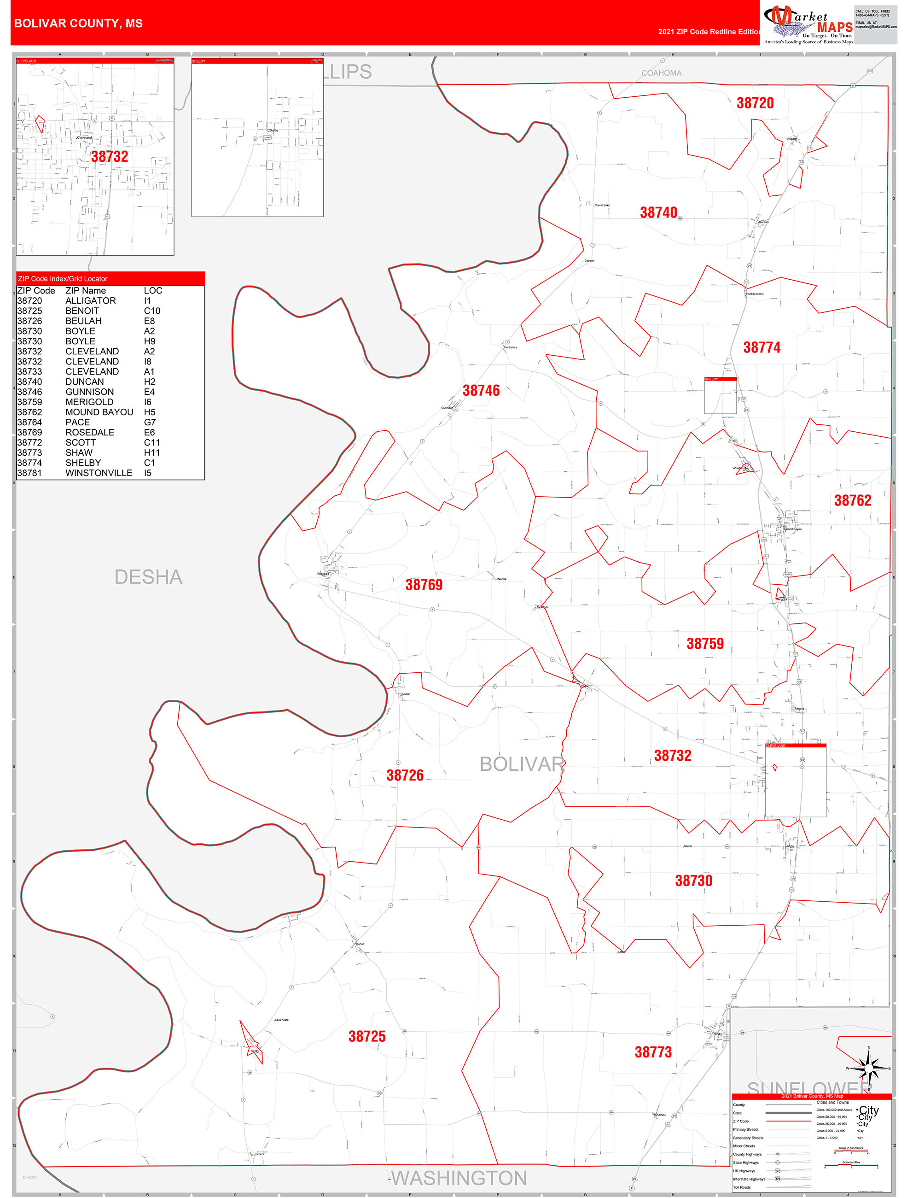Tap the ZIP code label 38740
click(x=658, y=212)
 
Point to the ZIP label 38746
click(x=481, y=390)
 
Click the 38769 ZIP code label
click(x=424, y=584)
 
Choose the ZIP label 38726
click(x=405, y=775)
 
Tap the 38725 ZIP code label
click(x=367, y=1036)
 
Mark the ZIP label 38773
click(x=653, y=1052)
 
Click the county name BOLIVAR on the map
click(x=522, y=763)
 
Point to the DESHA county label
click(x=148, y=577)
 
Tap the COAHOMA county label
click(x=661, y=73)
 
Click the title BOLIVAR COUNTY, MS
click(x=78, y=23)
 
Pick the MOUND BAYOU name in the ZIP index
click(x=99, y=412)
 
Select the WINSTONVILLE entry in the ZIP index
click(x=99, y=473)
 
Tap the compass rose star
click(x=869, y=1068)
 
